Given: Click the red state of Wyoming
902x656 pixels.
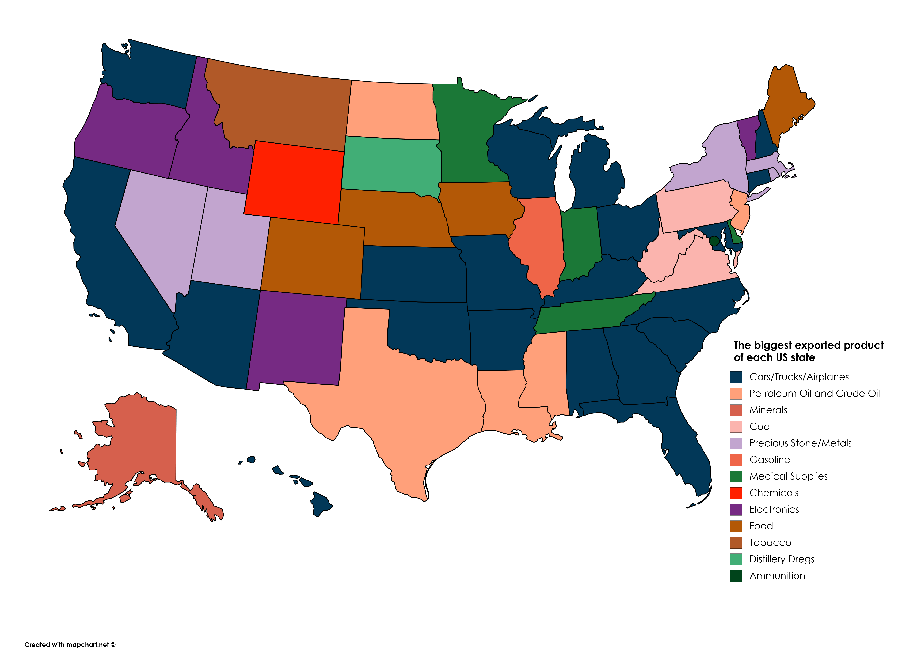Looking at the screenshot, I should [294, 182].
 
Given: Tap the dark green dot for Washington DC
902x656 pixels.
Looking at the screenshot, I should [714, 241].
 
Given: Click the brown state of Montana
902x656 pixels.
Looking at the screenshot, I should [278, 107].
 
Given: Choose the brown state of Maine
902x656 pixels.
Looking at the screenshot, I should [785, 99].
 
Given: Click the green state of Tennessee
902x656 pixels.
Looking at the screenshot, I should [589, 316].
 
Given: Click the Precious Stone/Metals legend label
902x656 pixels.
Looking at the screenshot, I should [800, 443].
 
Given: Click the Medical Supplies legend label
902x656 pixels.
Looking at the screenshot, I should [788, 476].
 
